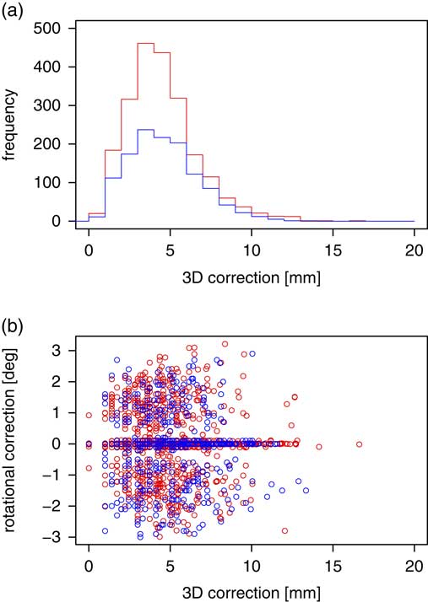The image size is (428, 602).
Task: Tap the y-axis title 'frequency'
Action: click(12, 125)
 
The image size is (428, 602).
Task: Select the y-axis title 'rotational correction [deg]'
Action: click(12, 440)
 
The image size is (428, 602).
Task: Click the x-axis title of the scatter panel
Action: click(252, 587)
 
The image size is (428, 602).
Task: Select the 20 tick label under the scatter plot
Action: click(414, 564)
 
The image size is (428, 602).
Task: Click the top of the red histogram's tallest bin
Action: click(145, 43)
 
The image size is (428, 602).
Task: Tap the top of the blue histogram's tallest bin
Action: click(145, 130)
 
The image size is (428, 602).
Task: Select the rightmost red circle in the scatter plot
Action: click(359, 443)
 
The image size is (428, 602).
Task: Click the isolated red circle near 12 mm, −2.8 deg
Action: click(284, 530)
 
